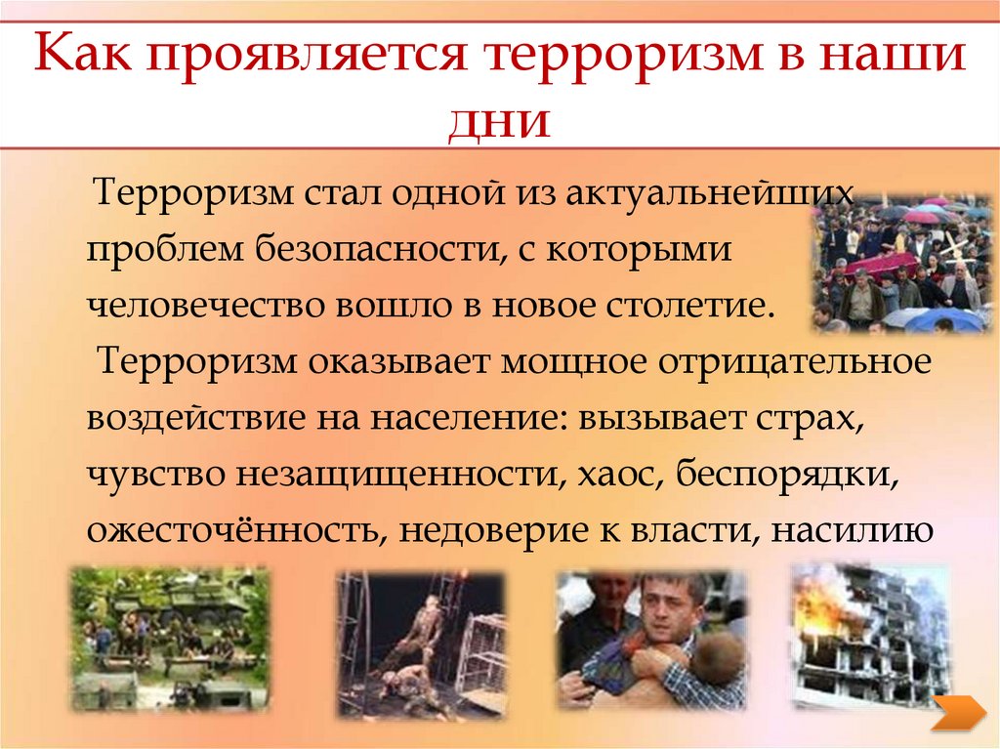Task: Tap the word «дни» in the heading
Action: pyautogui.click(x=500, y=122)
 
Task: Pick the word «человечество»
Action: pyautogui.click(x=206, y=307)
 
